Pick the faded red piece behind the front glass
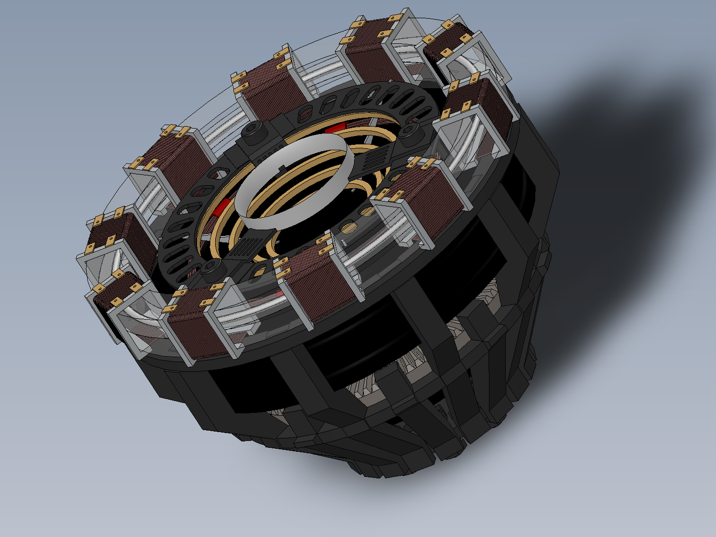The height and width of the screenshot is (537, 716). point(279,294)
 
